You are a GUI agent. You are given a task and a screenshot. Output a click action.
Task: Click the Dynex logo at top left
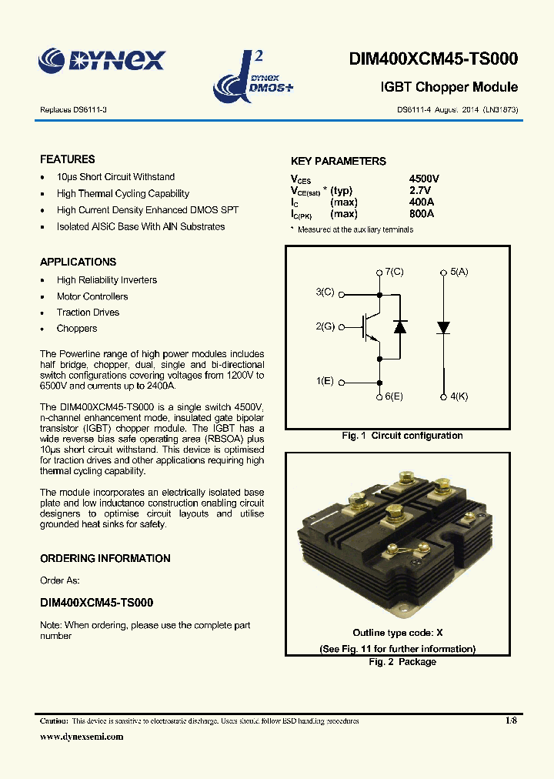pyautogui.click(x=102, y=59)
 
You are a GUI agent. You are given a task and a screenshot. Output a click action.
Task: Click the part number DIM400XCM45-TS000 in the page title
pyautogui.click(x=433, y=59)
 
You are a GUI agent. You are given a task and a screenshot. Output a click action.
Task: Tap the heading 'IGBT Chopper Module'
pyautogui.click(x=449, y=88)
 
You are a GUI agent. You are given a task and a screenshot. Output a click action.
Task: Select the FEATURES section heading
pyautogui.click(x=68, y=159)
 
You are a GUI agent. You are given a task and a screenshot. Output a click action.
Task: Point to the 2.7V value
pyautogui.click(x=421, y=190)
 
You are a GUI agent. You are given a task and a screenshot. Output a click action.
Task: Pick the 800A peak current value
pyautogui.click(x=422, y=213)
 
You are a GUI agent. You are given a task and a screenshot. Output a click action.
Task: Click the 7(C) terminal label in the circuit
pyautogui.click(x=394, y=272)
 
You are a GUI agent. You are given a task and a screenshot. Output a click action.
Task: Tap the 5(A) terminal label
pyautogui.click(x=459, y=272)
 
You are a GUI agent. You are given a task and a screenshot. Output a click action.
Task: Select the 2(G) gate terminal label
pyautogui.click(x=325, y=327)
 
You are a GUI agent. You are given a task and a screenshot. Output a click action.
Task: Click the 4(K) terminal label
pyautogui.click(x=459, y=396)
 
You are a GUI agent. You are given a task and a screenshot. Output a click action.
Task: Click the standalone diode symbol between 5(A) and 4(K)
pyautogui.click(x=443, y=327)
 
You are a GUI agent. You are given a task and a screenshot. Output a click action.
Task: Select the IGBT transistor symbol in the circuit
pyautogui.click(x=370, y=327)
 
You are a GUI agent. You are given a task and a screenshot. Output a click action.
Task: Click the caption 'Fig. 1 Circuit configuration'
pyautogui.click(x=402, y=436)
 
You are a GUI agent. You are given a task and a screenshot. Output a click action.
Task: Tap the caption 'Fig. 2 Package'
pyautogui.click(x=402, y=662)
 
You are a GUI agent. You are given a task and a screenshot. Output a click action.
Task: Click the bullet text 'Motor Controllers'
pyautogui.click(x=92, y=296)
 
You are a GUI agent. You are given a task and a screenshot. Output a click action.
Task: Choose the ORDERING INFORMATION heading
pyautogui.click(x=105, y=558)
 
